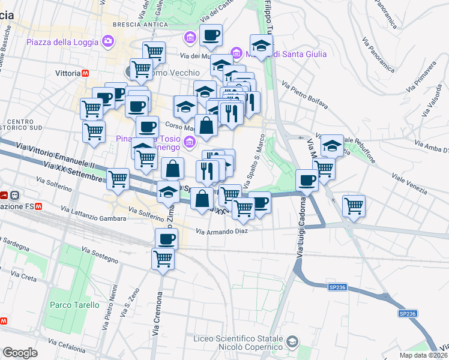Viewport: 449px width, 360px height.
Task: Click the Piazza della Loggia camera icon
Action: click(108, 41)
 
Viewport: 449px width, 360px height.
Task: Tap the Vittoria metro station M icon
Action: click(86, 73)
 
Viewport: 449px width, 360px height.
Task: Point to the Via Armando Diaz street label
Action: click(221, 231)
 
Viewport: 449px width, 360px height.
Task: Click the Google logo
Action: click(19, 353)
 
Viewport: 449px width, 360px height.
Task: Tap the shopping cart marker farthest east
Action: click(354, 206)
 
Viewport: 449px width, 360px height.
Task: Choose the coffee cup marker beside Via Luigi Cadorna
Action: click(307, 179)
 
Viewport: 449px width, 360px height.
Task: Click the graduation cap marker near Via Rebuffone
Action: click(331, 145)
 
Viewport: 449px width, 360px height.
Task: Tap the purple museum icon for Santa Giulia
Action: click(237, 54)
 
